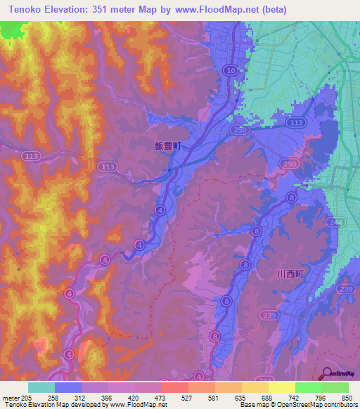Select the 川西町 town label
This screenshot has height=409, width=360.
coord(289,275)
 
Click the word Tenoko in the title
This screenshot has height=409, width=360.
coord(27,9)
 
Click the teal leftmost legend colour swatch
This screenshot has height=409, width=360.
coord(41,387)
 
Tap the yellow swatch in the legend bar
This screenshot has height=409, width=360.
coord(281,387)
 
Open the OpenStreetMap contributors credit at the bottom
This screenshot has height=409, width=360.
coord(310,405)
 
